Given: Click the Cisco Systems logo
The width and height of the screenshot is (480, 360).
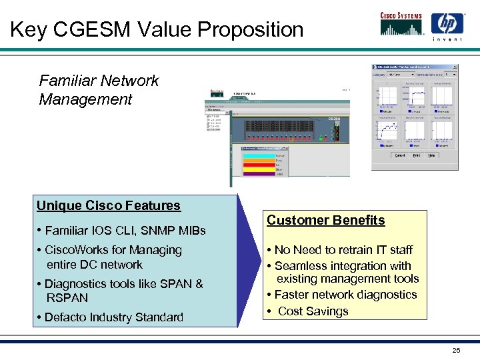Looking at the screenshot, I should [x=402, y=24].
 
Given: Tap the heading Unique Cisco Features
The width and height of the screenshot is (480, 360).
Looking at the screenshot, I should [x=109, y=205].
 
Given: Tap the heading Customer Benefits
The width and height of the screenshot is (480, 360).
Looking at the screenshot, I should [x=326, y=220].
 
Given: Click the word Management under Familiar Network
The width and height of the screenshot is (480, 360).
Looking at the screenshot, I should [x=86, y=100].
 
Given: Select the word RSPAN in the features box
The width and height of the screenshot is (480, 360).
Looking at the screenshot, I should [x=67, y=297].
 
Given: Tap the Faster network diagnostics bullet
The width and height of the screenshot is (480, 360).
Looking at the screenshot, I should [x=345, y=295].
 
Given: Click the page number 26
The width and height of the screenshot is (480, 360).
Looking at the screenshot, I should [x=456, y=350].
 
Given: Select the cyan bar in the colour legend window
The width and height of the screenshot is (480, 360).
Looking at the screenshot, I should [x=257, y=155].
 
